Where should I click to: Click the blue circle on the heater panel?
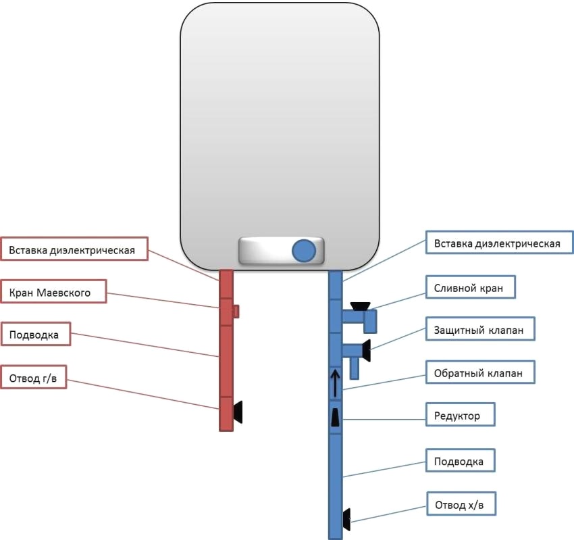pyautogui.click(x=304, y=250)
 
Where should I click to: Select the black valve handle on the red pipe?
pyautogui.click(x=238, y=411)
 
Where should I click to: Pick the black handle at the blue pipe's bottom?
pyautogui.click(x=346, y=518)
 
